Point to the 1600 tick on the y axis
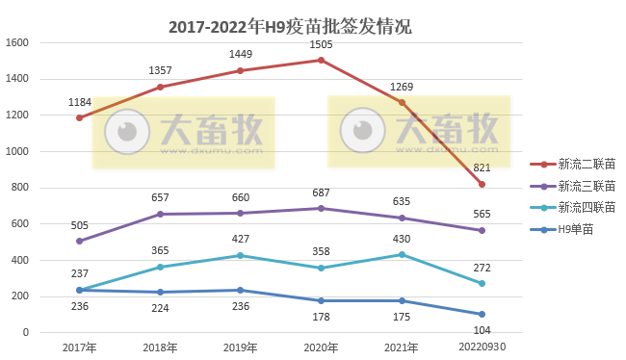pos(18,43)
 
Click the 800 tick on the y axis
pos(21,188)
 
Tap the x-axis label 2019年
pos(240,346)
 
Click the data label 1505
pos(321,44)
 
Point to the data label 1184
pos(80,102)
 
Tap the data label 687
pos(321,193)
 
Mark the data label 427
pos(240,240)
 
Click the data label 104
pos(483,329)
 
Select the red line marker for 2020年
pos(321,60)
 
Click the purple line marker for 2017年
pos(79,241)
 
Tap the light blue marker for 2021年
pos(402,254)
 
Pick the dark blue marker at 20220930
pos(482,314)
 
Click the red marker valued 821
pos(482,184)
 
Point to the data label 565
pos(483,215)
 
